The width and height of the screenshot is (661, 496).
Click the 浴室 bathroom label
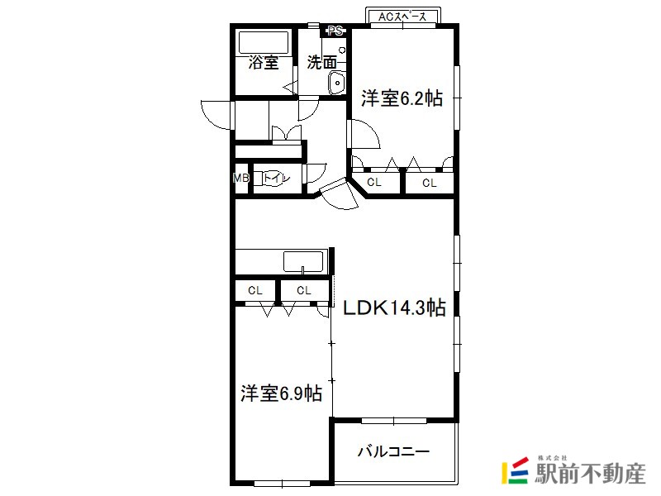pos(264,63)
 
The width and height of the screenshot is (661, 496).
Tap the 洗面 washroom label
pos(322,63)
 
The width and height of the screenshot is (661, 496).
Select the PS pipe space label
pos(336,31)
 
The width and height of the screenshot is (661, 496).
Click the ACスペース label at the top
pos(402,17)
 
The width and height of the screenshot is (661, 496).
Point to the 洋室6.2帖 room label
pos(402,98)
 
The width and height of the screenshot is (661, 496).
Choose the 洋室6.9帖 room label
pos(281,393)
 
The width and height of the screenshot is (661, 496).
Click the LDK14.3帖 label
pos(395,308)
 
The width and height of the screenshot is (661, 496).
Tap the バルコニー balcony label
pos(394,451)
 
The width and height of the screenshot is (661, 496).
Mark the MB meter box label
pos(241,178)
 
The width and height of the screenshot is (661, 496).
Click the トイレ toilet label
pos(277,178)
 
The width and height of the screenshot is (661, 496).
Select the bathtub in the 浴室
pos(264,42)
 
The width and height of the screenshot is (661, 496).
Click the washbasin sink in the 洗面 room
pos(336,83)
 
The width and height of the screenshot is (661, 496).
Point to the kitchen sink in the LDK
pos(303,261)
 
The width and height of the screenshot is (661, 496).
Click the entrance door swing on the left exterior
pos(216,115)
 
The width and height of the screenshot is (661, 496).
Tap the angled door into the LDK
pos(339,193)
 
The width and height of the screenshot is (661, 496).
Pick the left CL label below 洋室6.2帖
pos(374,182)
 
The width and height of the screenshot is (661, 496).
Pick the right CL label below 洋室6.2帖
pos(429,183)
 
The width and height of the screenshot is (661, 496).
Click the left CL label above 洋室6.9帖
pos(255,290)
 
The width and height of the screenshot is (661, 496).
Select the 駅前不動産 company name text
pos(590,473)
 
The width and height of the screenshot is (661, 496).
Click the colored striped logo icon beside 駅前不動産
pos(515,470)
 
